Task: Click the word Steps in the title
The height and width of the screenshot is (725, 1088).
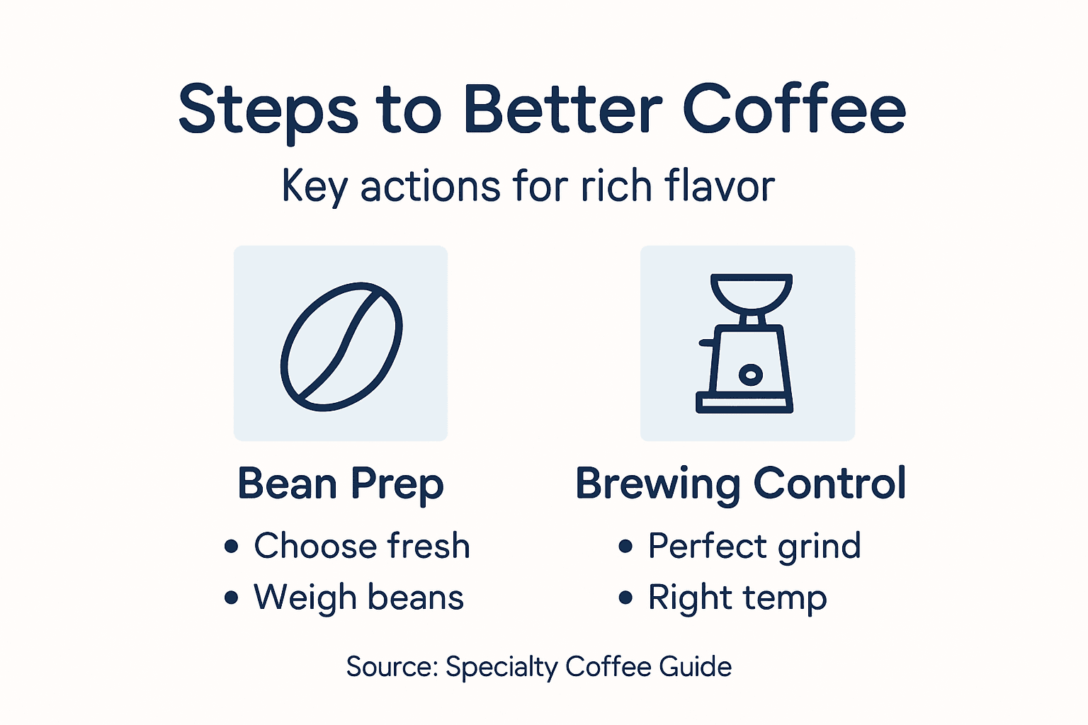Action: pos(268,110)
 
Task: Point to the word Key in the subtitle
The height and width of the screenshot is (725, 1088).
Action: pos(314,187)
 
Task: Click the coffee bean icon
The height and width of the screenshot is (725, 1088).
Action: pos(341,346)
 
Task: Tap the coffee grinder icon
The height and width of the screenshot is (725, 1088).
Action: pos(747,343)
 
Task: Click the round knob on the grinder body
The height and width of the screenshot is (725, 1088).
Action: pos(750,374)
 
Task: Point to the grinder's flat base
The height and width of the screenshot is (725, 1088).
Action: pos(744,404)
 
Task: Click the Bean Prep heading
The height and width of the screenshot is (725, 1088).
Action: pos(341,484)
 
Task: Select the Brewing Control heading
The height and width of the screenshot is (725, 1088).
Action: pos(740,484)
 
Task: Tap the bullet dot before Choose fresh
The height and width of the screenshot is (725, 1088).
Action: pos(231,546)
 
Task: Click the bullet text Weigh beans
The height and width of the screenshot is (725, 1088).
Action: pos(358,597)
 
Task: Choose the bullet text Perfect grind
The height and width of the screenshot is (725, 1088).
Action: pos(754,547)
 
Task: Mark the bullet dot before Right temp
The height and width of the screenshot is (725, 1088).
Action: pos(625,598)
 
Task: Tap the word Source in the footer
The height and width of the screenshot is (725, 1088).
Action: pos(392,667)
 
